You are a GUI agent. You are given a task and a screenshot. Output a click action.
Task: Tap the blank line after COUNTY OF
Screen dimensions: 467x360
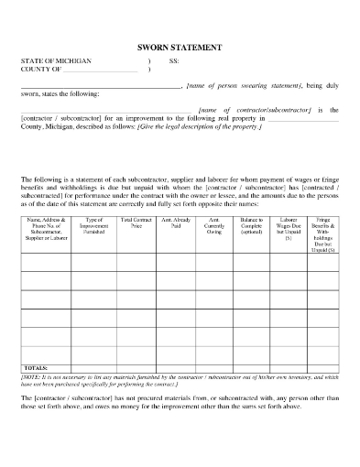[x=99, y=70]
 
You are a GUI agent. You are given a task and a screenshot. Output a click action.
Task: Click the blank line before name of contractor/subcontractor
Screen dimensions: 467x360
[x=106, y=109]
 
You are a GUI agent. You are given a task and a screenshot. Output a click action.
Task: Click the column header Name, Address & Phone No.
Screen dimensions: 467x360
[x=47, y=228]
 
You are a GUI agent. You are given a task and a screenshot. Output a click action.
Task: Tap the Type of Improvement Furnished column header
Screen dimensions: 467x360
[x=93, y=228]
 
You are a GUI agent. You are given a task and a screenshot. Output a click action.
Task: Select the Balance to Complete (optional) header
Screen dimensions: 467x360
[x=253, y=228]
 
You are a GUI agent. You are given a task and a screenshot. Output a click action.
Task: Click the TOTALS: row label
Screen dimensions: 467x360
[x=36, y=365]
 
